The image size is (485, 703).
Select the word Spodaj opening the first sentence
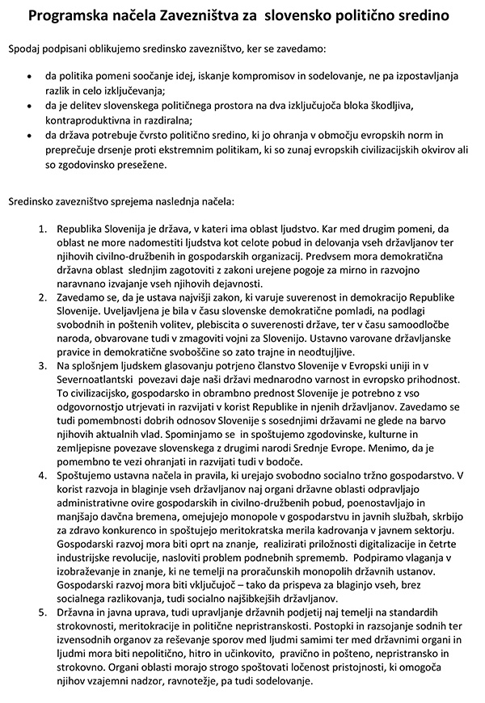pyautogui.click(x=26, y=50)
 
